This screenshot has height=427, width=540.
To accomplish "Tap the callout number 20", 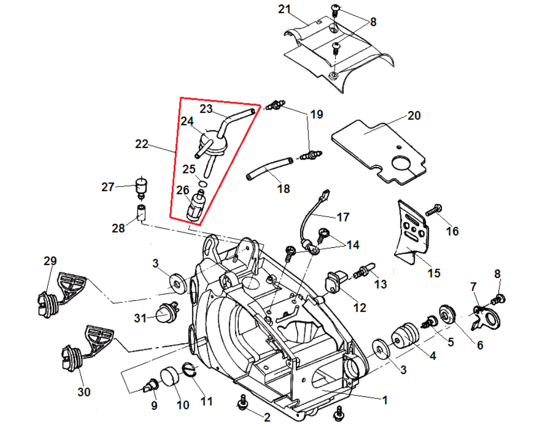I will point(414,115).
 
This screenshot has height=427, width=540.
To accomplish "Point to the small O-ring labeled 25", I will point(204,182).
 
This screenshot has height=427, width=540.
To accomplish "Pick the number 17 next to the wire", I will point(343,217).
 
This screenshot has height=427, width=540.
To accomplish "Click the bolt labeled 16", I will point(434,211).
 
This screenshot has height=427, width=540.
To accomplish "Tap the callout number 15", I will point(434,273).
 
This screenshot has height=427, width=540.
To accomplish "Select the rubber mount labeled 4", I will point(406,336).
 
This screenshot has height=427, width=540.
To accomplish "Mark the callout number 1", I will point(385,400).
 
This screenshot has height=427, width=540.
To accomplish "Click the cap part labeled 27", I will point(141,185).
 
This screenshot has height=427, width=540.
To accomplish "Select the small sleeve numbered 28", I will point(140,212).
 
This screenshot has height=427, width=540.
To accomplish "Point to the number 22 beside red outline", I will point(141,145).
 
